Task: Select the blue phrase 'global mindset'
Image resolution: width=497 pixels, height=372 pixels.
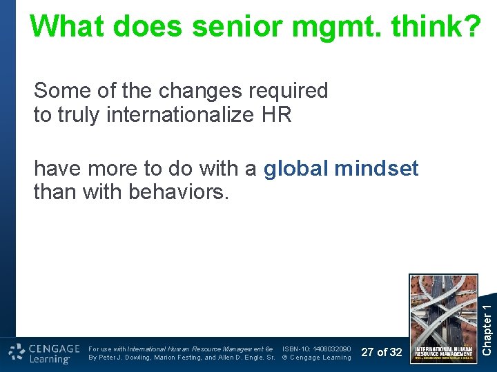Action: point(341,169)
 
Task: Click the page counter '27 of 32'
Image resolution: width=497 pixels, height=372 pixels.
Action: point(382,352)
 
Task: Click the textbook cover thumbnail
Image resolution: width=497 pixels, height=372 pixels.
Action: point(443,318)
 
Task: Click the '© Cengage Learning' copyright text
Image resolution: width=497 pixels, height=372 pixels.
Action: point(317,358)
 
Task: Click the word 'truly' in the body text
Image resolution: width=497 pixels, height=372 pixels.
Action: point(77,115)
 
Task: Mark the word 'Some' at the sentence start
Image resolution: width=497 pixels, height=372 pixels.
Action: point(57,91)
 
